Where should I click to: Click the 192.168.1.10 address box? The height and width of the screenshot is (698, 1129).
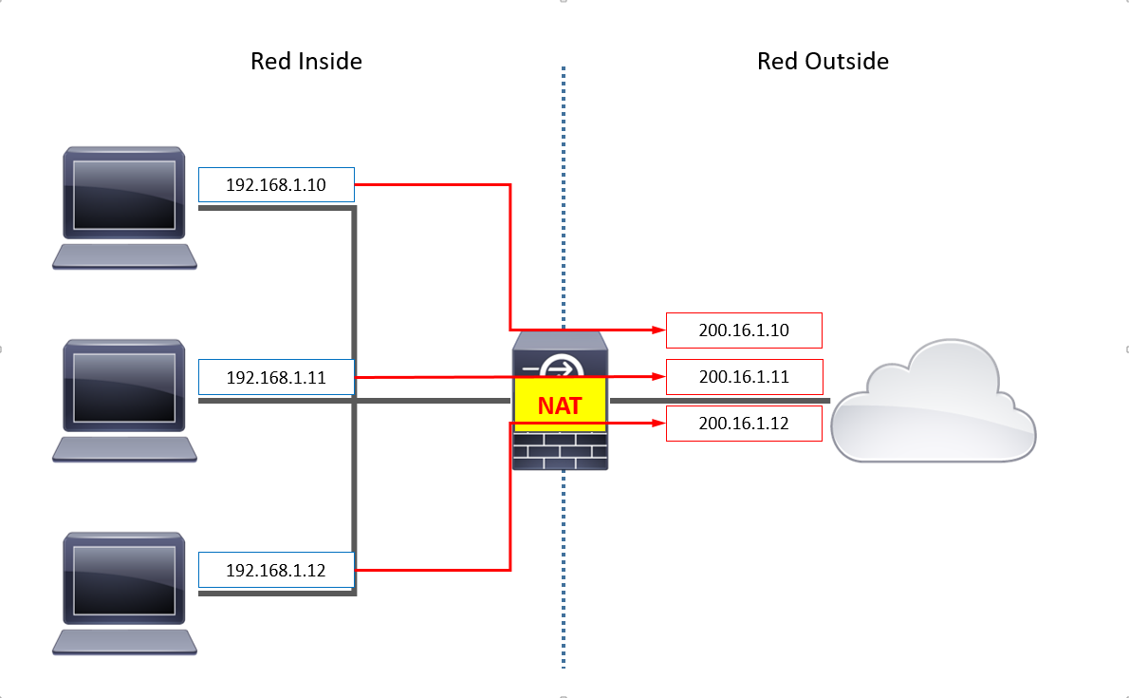[x=276, y=184]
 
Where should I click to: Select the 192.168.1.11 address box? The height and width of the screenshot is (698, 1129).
[x=276, y=377]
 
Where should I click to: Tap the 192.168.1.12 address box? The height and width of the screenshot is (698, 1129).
[x=276, y=571]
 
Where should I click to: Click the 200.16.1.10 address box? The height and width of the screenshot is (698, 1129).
[x=744, y=330]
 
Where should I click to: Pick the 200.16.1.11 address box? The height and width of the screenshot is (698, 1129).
[x=744, y=377]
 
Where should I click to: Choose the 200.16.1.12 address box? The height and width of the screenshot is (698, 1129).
[x=744, y=424]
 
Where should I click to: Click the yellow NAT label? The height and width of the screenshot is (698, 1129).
[x=560, y=406]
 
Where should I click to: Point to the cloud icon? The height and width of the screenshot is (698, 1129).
[x=934, y=402]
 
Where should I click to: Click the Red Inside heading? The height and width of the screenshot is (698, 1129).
[x=306, y=61]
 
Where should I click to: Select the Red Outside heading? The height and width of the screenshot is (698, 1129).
[x=823, y=61]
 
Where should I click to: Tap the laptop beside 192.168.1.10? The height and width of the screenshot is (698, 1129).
[x=124, y=208]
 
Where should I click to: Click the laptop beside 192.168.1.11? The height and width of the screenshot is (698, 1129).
[x=124, y=400]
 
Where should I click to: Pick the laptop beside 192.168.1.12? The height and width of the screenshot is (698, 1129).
[x=124, y=594]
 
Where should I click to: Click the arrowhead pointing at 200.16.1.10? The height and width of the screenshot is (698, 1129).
[x=658, y=330]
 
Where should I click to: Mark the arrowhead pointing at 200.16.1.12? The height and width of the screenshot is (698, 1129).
[x=658, y=424]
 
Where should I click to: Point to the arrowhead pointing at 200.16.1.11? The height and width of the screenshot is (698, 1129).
[x=658, y=376]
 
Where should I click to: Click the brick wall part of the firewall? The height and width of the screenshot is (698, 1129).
[x=560, y=451]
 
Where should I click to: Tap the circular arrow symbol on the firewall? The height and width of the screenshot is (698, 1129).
[x=561, y=368]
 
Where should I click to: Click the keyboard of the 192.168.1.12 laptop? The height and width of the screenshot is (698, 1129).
[x=124, y=642]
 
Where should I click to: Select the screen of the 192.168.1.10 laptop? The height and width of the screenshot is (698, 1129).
[x=124, y=195]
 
